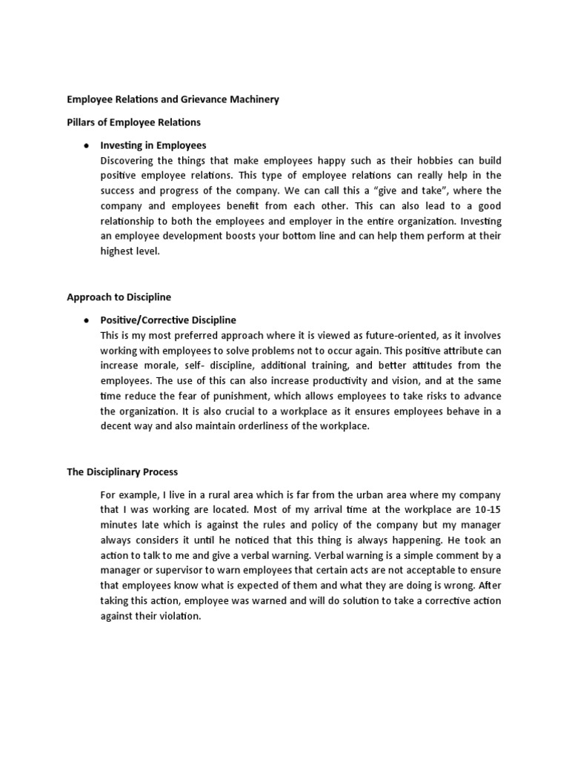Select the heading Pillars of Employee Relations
click(x=133, y=122)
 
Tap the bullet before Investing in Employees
click(x=87, y=145)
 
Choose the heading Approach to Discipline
click(x=119, y=296)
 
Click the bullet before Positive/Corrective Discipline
click(x=87, y=320)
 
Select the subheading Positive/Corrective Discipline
click(x=168, y=320)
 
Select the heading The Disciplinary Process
click(x=122, y=471)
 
